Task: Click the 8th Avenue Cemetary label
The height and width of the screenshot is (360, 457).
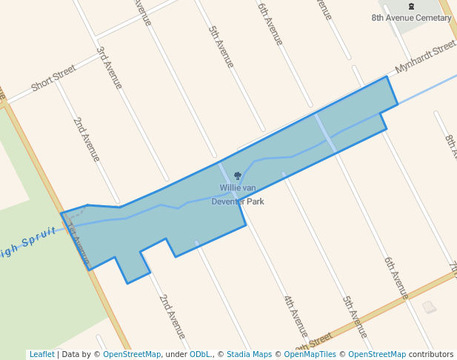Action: point(412,18)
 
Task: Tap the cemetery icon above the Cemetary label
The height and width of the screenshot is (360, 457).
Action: point(412,6)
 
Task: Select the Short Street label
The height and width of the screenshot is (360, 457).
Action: point(53,79)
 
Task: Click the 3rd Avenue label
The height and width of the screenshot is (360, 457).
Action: point(110,68)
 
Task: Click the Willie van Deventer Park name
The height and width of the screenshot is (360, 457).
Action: point(238,195)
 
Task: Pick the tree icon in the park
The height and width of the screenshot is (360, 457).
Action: point(238,176)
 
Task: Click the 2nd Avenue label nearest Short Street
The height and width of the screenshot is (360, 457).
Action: point(87,139)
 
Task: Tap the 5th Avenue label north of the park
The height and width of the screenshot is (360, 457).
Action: point(221,47)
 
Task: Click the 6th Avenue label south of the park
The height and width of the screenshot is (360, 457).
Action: point(396,278)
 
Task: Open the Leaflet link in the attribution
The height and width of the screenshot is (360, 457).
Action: point(41,354)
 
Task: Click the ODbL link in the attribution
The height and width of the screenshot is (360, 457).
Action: point(199,354)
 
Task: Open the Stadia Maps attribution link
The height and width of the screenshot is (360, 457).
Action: point(249,354)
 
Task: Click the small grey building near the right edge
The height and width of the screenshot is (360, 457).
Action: point(429,307)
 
